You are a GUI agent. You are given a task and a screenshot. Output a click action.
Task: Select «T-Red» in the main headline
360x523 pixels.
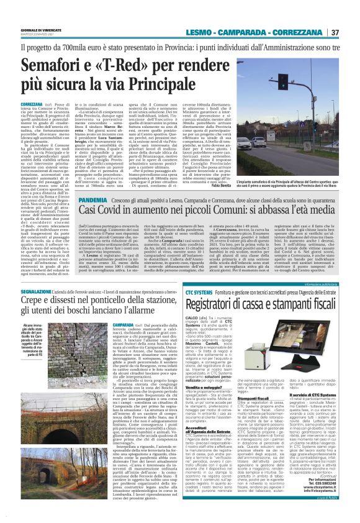coord(132,65)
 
